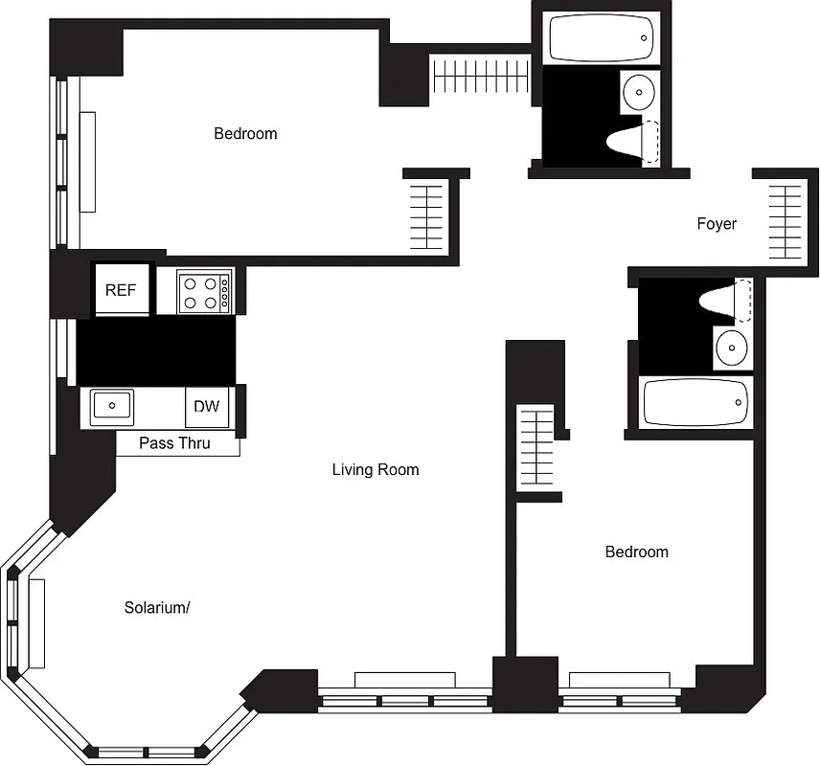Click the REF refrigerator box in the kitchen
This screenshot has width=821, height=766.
pyautogui.click(x=121, y=290)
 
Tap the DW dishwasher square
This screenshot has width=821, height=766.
pyautogui.click(x=207, y=406)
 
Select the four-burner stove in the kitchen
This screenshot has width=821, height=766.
pyautogui.click(x=205, y=291)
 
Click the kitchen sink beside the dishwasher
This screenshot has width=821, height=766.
pyautogui.click(x=111, y=405)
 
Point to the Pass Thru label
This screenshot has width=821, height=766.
pyautogui.click(x=174, y=443)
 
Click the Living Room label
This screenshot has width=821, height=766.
pyautogui.click(x=376, y=469)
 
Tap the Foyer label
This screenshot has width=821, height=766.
pyautogui.click(x=717, y=224)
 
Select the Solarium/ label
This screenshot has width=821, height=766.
pyautogui.click(x=157, y=608)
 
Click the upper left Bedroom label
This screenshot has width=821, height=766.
pyautogui.click(x=245, y=134)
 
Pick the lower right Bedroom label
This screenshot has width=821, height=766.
pyautogui.click(x=636, y=552)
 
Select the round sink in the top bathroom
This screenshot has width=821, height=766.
pyautogui.click(x=639, y=94)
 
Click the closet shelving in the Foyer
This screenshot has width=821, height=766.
pyautogui.click(x=785, y=221)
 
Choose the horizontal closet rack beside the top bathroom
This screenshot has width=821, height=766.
pyautogui.click(x=480, y=77)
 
